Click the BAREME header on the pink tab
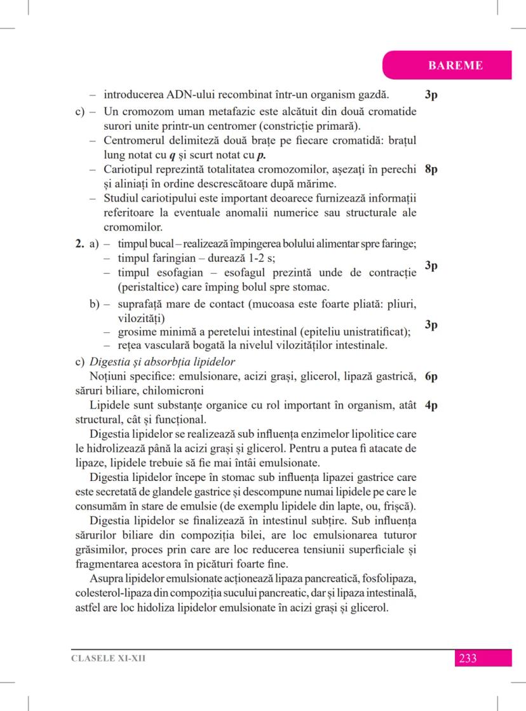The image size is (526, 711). coord(455,65)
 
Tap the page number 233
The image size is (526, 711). coord(468,658)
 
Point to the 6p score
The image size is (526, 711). coord(430,377)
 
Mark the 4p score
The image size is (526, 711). coord(430,405)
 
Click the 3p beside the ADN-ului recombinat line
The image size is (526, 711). coord(430,95)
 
